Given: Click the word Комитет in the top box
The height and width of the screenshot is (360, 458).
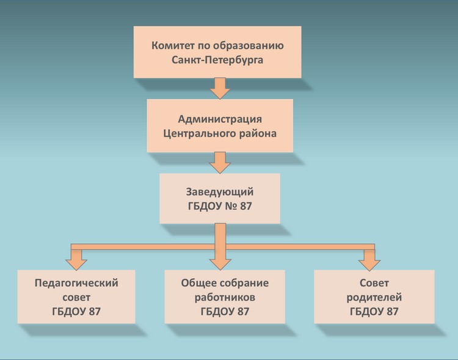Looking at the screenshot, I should click(173, 46).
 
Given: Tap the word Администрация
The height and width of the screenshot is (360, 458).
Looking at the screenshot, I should click(220, 118).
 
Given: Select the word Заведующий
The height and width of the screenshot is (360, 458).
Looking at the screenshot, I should click(220, 191).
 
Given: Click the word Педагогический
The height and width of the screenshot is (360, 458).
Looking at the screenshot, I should click(76, 283).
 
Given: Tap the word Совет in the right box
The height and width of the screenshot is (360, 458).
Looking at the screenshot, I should click(374, 283).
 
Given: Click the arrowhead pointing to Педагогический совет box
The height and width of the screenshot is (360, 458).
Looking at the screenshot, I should click(76, 263).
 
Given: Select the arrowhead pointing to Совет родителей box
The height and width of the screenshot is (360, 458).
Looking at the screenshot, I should click(369, 263).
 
